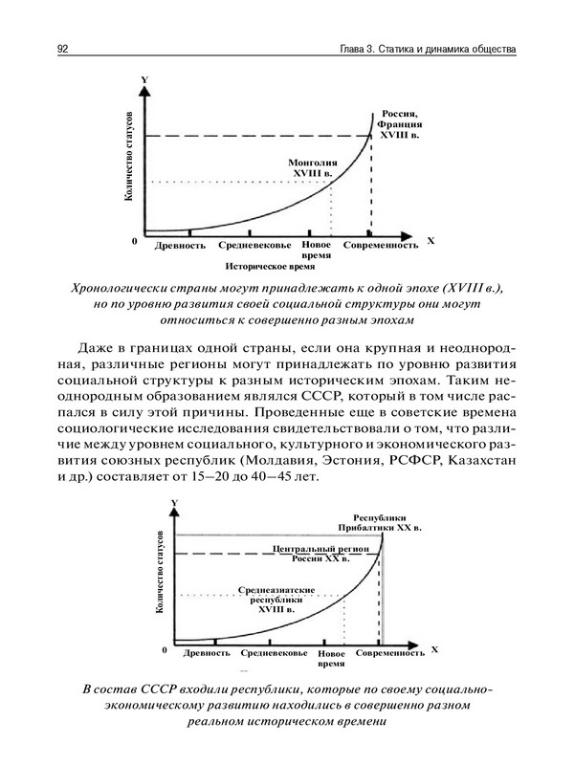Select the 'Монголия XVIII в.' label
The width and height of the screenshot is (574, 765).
pos(311,168)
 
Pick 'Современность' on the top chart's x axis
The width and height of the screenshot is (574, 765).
pos(381,245)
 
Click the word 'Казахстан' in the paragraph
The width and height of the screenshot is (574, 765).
pos(477,462)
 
